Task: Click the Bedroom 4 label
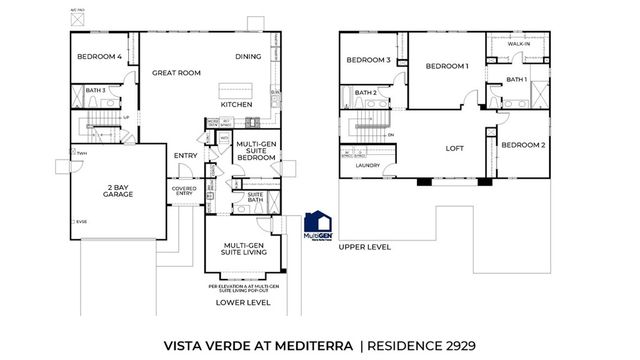point(99,57)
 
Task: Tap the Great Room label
point(176,73)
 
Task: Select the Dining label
point(248,57)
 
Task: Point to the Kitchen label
point(236,104)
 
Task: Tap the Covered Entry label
point(184,191)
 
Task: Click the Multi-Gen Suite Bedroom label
point(256,151)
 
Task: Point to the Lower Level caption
point(244,301)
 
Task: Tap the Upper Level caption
point(363,246)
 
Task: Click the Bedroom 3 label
point(368,61)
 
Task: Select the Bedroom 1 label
point(446,66)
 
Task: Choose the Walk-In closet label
point(518,45)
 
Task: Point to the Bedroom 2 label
point(523,145)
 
